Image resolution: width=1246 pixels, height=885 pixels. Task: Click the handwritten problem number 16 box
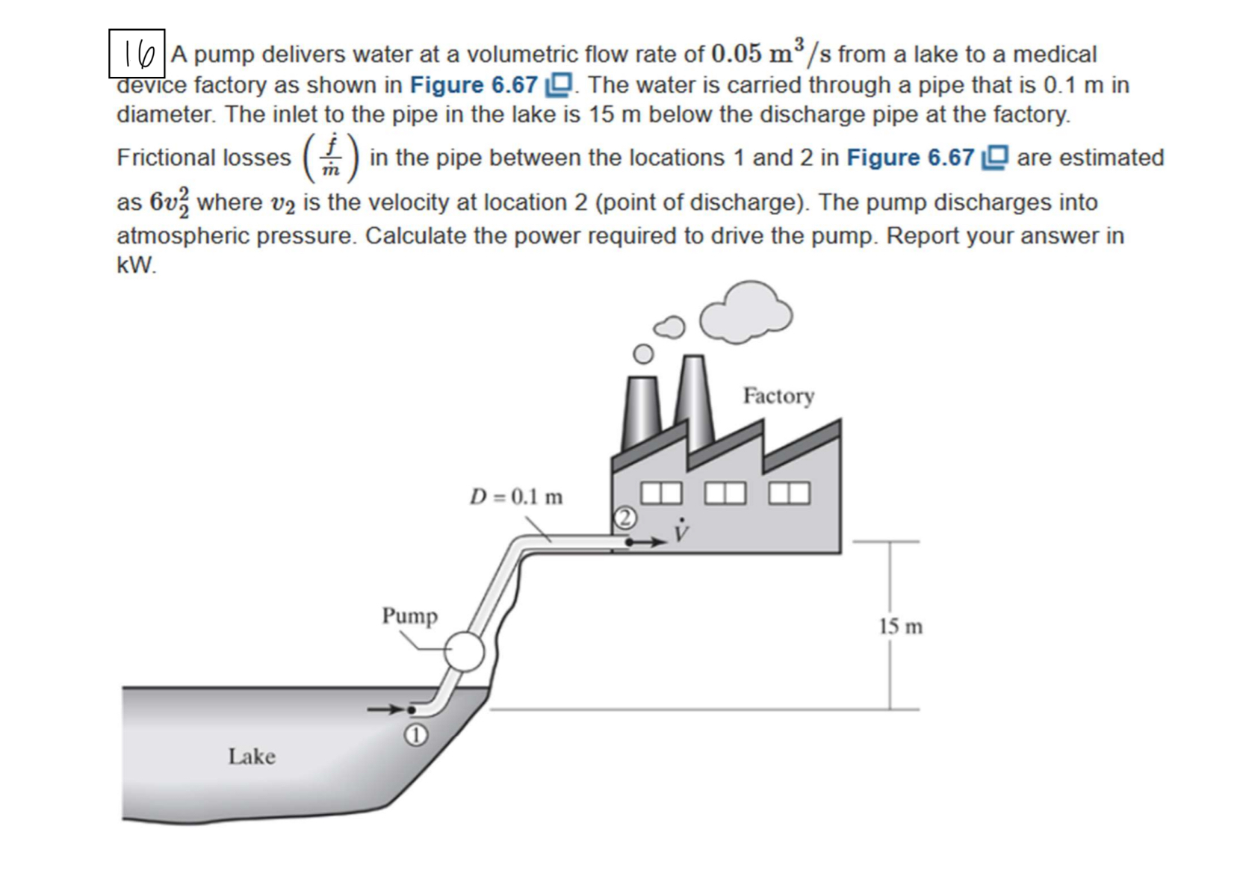tap(137, 53)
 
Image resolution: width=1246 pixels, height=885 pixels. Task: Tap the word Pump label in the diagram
tap(410, 616)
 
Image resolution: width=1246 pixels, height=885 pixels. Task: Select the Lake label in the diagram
tap(252, 757)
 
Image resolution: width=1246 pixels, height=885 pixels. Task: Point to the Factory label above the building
tap(778, 395)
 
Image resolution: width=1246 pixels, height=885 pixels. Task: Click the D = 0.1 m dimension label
tap(516, 497)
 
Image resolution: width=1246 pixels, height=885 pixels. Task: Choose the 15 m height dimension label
tap(901, 626)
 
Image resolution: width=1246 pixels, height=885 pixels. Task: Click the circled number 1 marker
tap(416, 736)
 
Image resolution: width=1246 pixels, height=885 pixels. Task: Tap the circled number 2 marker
tap(625, 518)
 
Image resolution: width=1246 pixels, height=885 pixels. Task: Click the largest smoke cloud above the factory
tap(746, 312)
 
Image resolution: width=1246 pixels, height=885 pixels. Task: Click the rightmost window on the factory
tap(790, 493)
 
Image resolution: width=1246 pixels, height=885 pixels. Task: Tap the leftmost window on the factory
tap(661, 493)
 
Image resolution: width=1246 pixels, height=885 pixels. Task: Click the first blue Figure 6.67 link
tap(474, 84)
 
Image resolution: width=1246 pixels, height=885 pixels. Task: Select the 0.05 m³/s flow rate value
tap(774, 54)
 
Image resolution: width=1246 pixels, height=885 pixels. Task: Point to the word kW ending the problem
tap(137, 265)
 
